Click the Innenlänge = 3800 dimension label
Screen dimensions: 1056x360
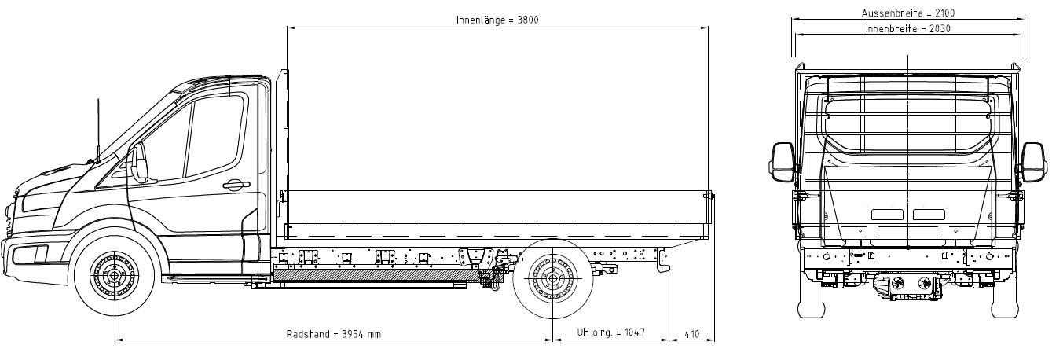pyautogui.click(x=497, y=20)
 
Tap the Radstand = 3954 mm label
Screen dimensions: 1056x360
pyautogui.click(x=334, y=334)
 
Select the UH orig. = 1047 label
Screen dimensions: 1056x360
pyautogui.click(x=611, y=332)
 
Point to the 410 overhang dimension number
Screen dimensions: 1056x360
pyautogui.click(x=691, y=334)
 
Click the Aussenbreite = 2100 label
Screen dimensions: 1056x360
pyautogui.click(x=908, y=13)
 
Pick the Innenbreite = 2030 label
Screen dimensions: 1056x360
pyautogui.click(x=908, y=29)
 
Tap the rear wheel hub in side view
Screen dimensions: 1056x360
pyautogui.click(x=552, y=278)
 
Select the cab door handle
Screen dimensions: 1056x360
pyautogui.click(x=236, y=185)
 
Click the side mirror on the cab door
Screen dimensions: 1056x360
pyautogui.click(x=139, y=163)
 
